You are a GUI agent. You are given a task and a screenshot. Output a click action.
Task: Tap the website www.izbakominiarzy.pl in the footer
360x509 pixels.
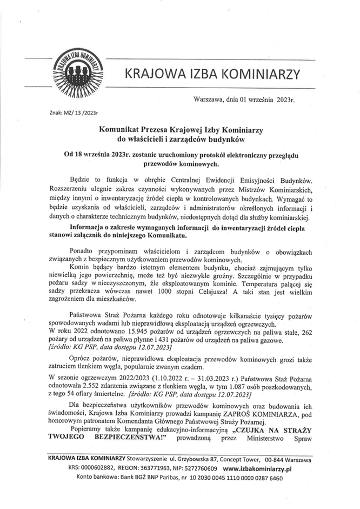click(x=257, y=469)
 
